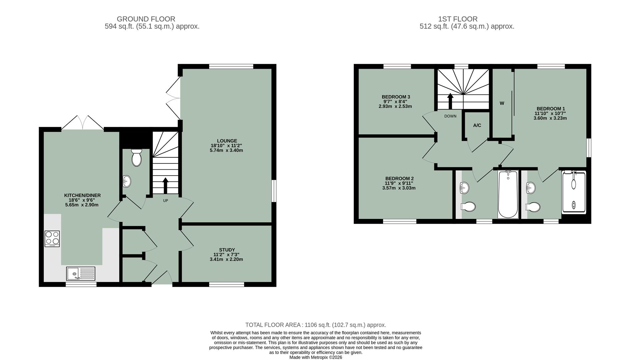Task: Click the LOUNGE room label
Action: click(227, 141)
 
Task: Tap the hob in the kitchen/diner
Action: click(52, 239)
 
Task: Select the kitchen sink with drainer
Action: click(81, 274)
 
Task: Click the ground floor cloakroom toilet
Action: click(136, 158)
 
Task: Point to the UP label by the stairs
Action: click(165, 201)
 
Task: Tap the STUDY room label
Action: click(227, 250)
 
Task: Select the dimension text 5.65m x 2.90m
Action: click(82, 205)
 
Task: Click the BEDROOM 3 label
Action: click(395, 97)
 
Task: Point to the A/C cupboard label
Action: click(477, 125)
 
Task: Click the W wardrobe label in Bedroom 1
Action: click(501, 103)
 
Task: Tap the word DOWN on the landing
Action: click(450, 116)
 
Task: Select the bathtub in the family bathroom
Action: click(508, 194)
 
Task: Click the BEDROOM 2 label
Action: click(399, 178)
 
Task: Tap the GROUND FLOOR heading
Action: click(146, 19)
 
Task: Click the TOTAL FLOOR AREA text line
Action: click(315, 325)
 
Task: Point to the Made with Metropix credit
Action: click(315, 357)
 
